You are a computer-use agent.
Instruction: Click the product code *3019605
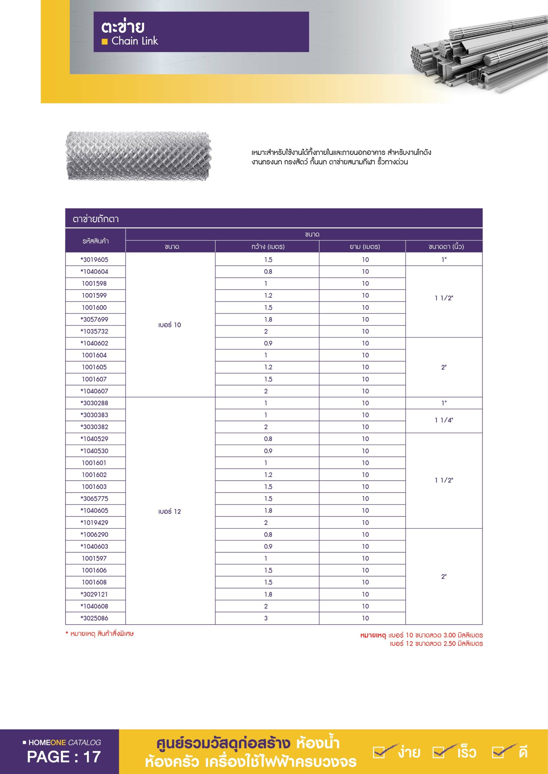click(94, 260)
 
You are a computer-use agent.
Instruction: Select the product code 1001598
click(94, 284)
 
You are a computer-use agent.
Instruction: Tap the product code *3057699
click(94, 319)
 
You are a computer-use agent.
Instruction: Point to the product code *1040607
click(94, 391)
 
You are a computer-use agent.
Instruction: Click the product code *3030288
click(94, 403)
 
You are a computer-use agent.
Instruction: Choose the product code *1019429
click(94, 522)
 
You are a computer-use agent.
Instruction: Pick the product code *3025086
click(94, 618)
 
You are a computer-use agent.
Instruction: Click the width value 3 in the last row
click(266, 618)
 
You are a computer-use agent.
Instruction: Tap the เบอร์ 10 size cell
click(170, 325)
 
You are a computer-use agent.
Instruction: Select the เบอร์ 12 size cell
click(170, 511)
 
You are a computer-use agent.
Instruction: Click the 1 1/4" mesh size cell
click(444, 420)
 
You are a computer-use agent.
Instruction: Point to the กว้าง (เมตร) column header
click(268, 247)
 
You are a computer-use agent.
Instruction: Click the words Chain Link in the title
click(135, 41)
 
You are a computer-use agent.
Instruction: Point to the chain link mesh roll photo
click(138, 156)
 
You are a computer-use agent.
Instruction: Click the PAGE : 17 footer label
click(64, 757)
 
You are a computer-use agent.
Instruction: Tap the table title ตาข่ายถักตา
click(96, 219)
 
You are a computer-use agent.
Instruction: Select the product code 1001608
click(94, 582)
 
